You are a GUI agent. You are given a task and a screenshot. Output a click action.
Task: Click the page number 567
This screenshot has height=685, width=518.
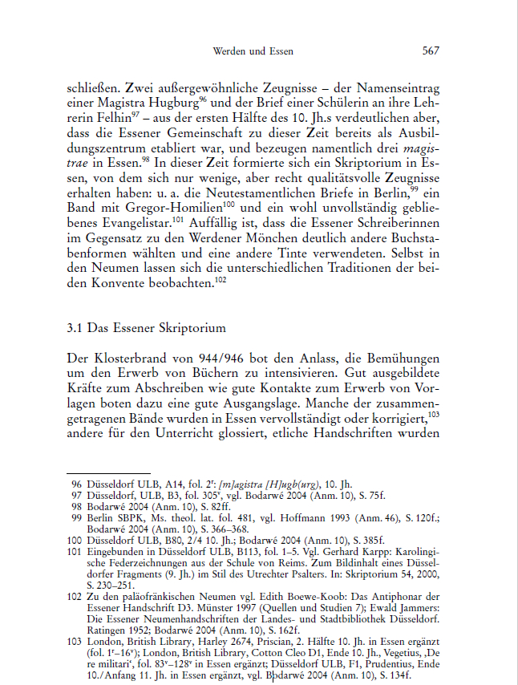tap(431, 51)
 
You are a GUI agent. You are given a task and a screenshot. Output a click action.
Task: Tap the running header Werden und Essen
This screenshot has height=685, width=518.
tap(253, 51)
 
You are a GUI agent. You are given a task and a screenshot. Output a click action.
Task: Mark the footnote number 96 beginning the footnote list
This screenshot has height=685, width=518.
tap(77, 484)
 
